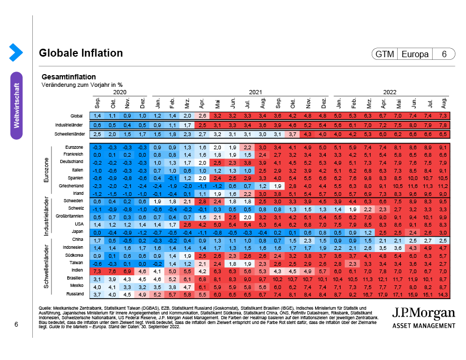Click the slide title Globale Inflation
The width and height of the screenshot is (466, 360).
[x=81, y=53]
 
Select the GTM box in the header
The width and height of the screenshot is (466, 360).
[x=385, y=54]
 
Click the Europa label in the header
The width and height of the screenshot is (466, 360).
[x=415, y=54]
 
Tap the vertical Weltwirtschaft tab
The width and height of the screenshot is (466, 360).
[x=16, y=105]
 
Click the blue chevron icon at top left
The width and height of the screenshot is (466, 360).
[x=16, y=52]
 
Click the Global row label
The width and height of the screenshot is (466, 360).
[x=77, y=115]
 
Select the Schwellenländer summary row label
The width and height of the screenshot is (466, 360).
[x=67, y=134]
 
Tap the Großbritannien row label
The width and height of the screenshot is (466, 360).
[x=69, y=217]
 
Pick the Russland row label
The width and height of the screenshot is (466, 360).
[x=74, y=294]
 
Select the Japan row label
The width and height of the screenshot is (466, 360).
[x=77, y=232]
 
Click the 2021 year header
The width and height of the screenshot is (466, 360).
[x=256, y=92]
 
